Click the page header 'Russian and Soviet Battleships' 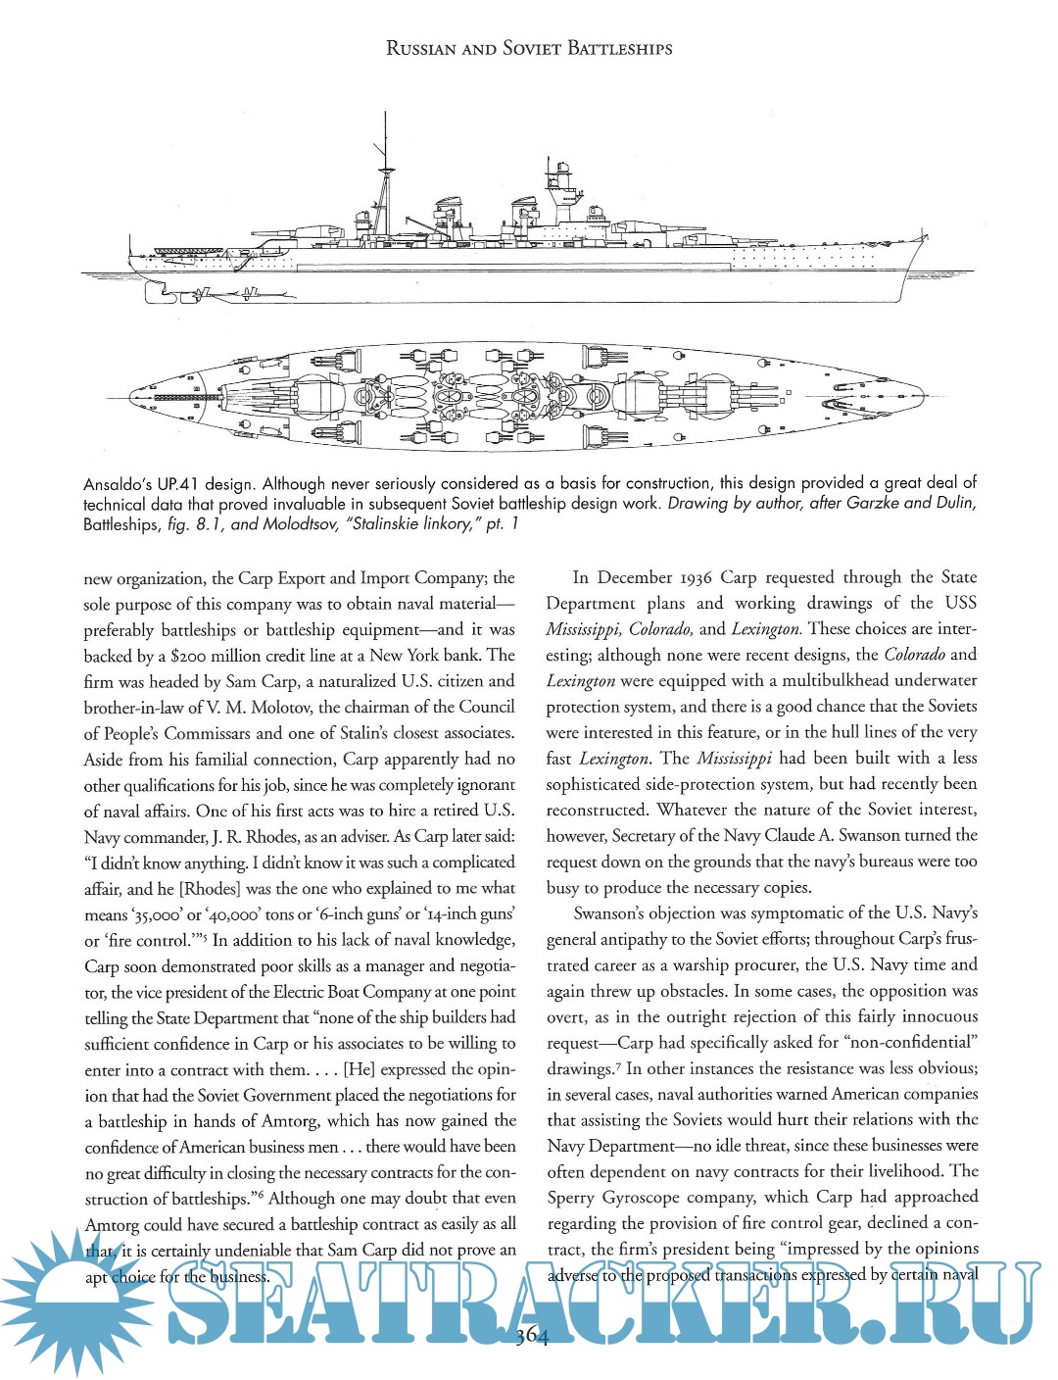(529, 48)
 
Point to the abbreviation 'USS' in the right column (960, 603)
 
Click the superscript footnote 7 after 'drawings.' (618, 1064)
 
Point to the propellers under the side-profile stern (230, 293)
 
